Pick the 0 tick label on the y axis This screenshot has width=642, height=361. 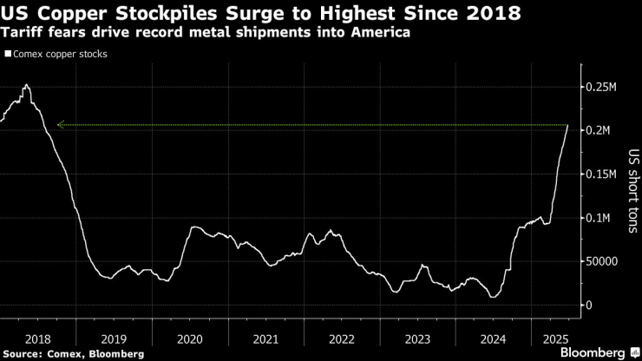[x=589, y=305]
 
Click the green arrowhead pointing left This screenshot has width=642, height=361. [x=61, y=125]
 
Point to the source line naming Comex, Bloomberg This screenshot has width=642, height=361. [x=73, y=353]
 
